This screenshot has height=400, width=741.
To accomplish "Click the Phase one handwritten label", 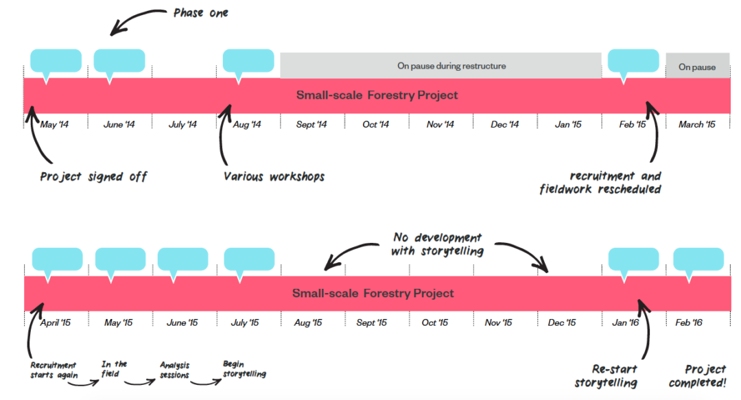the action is pyautogui.click(x=201, y=13).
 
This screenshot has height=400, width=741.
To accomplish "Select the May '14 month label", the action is pyautogui.click(x=54, y=124).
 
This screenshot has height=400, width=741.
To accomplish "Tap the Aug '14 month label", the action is pyautogui.click(x=247, y=124).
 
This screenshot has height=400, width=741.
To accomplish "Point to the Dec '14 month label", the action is pyautogui.click(x=505, y=124).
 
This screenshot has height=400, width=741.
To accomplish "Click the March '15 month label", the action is pyautogui.click(x=697, y=124).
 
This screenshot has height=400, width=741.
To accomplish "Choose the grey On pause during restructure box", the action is pyautogui.click(x=440, y=66).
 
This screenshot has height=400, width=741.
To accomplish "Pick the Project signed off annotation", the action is pyautogui.click(x=93, y=177).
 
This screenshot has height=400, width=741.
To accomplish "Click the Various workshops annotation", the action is pyautogui.click(x=274, y=177).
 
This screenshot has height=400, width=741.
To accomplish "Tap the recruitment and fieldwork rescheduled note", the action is pyautogui.click(x=600, y=183).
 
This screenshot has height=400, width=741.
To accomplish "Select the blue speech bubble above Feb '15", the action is pyautogui.click(x=633, y=62).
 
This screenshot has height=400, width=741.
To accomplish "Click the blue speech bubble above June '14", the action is pyautogui.click(x=119, y=62).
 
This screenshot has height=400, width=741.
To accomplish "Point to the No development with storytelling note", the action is pyautogui.click(x=438, y=244).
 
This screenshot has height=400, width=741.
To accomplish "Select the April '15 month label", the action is pyautogui.click(x=56, y=322).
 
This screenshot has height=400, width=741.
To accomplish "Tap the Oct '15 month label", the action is pyautogui.click(x=435, y=322).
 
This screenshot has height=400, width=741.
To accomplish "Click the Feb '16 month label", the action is pyautogui.click(x=689, y=322).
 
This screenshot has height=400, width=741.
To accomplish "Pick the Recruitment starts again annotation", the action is pyautogui.click(x=54, y=370).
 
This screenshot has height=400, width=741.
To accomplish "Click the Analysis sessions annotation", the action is pyautogui.click(x=174, y=370).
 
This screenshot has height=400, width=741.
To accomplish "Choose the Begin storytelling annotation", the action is pyautogui.click(x=244, y=369).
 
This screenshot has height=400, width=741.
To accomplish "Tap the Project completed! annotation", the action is pyautogui.click(x=698, y=376).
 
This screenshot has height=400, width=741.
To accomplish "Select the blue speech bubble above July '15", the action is pyautogui.click(x=249, y=260).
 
